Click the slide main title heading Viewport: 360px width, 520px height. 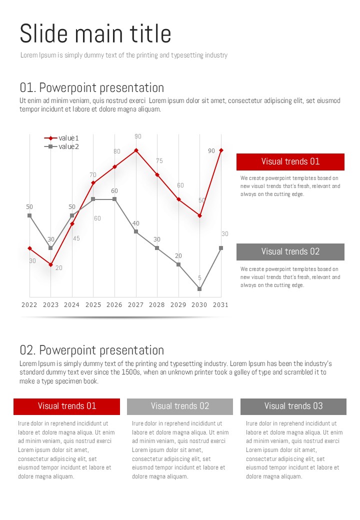tap(95, 34)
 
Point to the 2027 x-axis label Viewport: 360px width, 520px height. tap(135, 304)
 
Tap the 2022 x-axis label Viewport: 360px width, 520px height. tap(29, 304)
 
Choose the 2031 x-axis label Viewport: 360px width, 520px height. tap(220, 304)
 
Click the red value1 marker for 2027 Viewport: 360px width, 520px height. tap(136, 150)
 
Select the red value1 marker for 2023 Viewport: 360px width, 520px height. tap(50, 264)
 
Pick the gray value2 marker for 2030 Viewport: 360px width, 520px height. tap(199, 289)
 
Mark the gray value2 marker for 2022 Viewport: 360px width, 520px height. tap(29, 215)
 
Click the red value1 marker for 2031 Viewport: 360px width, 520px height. tap(221, 150)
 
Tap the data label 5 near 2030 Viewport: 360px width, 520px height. tap(199, 278)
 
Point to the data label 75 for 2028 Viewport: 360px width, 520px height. tap(159, 161)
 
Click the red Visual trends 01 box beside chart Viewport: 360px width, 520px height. tap(290, 161)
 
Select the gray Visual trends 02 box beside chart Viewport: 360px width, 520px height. tap(290, 251)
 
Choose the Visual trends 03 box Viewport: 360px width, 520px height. tap(293, 406)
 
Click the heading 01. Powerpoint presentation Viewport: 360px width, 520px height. tap(92, 88)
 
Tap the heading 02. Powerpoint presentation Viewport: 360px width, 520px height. tap(92, 350)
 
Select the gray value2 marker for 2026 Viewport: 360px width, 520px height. tap(114, 199)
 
